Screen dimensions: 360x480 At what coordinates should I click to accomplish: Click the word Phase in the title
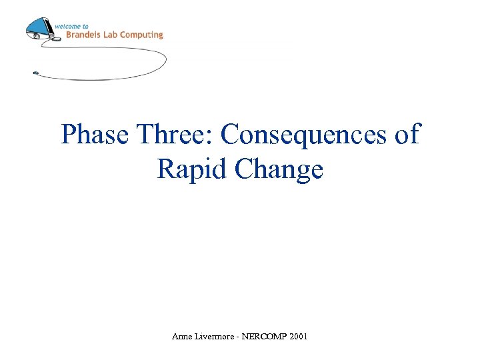95,135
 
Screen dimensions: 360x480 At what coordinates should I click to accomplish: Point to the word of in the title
407,135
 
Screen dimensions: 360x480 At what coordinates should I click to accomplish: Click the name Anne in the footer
181,337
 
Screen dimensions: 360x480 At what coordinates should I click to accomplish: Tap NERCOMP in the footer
265,337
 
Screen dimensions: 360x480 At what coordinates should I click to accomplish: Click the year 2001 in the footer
299,337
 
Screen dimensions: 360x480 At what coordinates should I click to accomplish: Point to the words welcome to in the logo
71,26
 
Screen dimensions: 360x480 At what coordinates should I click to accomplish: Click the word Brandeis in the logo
83,35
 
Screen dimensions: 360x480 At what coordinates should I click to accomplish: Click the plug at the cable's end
36,73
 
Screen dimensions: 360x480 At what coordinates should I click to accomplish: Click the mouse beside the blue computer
56,39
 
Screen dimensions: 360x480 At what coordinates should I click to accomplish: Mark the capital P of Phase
68,135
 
